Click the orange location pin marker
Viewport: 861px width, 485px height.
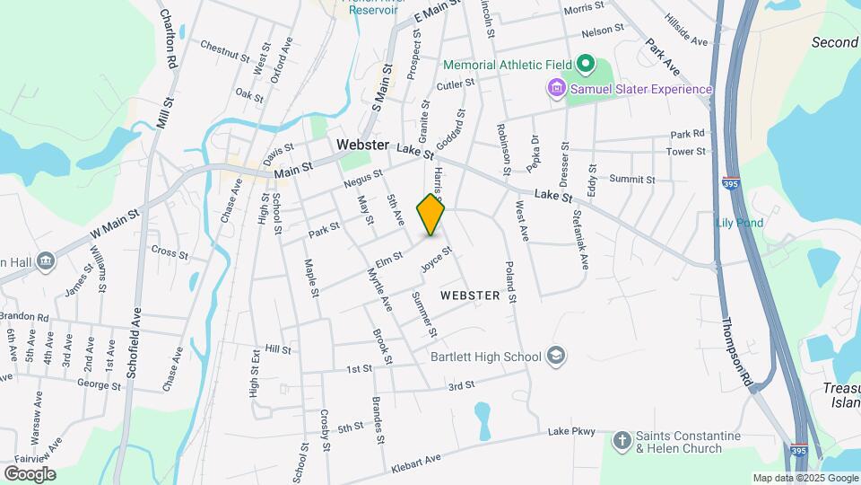(431, 214)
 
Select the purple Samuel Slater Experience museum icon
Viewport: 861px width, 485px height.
(556, 88)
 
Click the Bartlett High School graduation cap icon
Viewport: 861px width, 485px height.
(556, 356)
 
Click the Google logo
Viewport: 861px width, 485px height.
(30, 473)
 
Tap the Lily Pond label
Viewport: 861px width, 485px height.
(740, 222)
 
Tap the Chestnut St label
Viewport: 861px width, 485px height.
(224, 50)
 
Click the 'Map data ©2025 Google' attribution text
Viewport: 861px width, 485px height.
(805, 478)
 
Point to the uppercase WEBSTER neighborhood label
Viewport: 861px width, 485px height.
(470, 295)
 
